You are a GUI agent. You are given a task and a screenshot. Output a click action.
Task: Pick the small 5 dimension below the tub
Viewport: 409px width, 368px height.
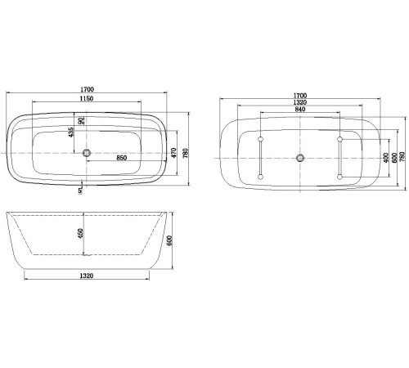coord(79,191)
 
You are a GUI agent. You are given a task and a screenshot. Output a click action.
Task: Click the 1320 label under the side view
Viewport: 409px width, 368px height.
coord(89,276)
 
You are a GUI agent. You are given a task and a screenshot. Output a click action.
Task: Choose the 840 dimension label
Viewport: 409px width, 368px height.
coord(300,109)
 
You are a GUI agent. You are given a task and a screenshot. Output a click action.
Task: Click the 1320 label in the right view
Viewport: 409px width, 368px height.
coord(300,102)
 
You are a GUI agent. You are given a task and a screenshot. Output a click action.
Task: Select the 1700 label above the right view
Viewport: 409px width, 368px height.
coord(300,95)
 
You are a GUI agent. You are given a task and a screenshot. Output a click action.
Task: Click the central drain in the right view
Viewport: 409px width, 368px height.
coord(300,157)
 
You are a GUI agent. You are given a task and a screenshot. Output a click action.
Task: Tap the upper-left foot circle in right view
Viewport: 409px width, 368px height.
coord(260,139)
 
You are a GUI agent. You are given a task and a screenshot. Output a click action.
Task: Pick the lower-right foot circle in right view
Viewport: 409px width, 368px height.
coord(339,175)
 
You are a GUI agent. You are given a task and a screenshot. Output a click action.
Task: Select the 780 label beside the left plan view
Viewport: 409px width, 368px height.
coord(187,153)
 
